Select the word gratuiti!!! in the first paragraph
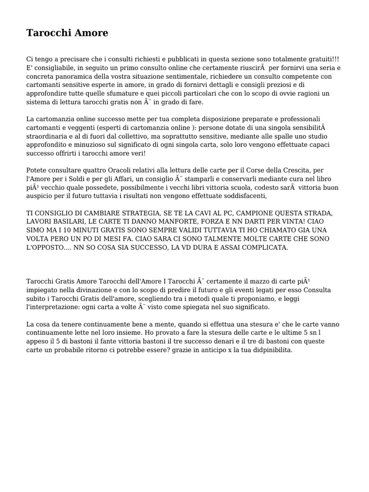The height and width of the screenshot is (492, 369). pos(325,59)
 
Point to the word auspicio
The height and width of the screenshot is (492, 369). pos(41,196)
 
